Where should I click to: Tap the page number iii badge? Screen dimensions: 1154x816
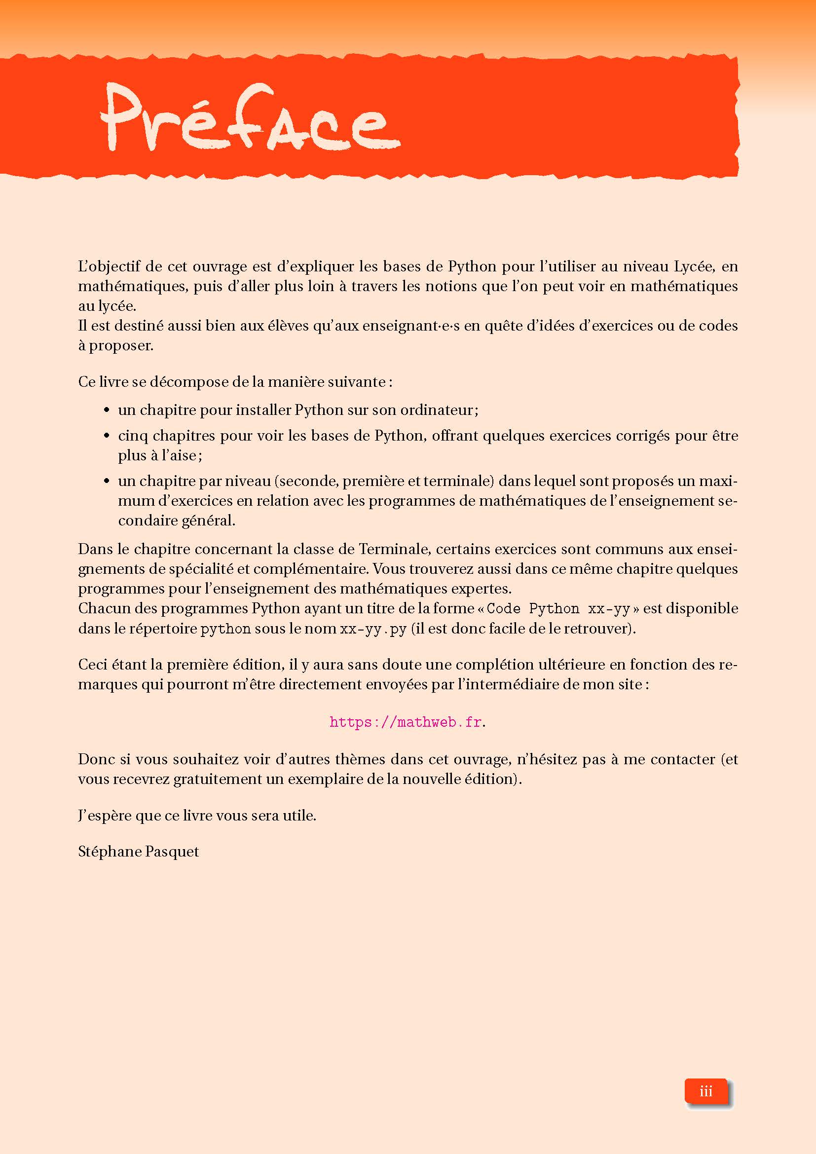coord(705,1091)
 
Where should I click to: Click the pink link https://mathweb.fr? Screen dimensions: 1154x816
coord(406,722)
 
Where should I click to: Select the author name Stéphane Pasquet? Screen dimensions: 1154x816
coord(138,852)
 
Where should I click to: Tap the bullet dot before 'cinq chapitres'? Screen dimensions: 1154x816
coord(107,436)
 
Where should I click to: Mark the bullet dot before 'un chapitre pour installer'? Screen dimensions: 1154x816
coord(107,410)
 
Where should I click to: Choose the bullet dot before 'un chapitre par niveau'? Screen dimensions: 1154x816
coord(107,481)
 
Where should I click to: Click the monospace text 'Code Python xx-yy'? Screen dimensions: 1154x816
coord(558,609)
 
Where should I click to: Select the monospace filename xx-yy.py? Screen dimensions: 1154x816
coord(373,629)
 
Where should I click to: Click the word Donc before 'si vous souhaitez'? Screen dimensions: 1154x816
coord(96,759)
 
